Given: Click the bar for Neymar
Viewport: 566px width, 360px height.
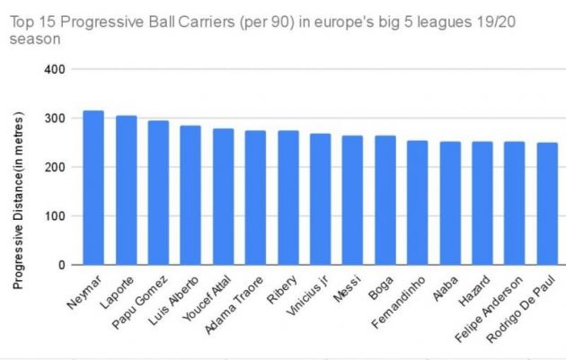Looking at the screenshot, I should [x=93, y=188].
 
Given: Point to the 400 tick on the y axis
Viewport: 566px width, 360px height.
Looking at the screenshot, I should [x=54, y=69].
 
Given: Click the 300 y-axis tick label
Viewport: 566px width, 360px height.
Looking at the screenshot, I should [x=54, y=119].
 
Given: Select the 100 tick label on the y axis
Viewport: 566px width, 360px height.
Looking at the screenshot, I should [x=54, y=216].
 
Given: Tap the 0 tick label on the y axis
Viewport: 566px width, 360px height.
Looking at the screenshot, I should [x=60, y=265].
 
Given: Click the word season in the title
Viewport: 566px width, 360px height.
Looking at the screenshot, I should [x=28, y=40].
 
